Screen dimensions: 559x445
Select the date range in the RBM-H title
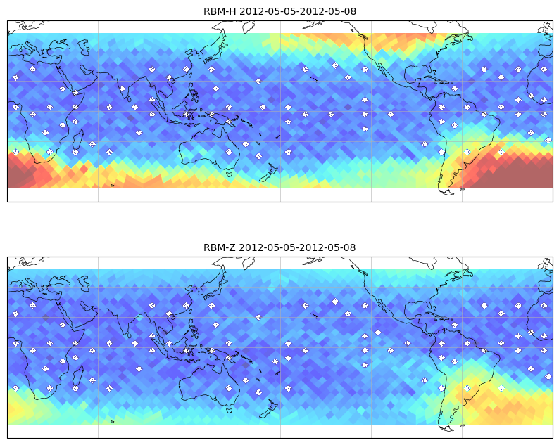pyautogui.click(x=298, y=11)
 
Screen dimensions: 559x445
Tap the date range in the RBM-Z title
pyautogui.click(x=297, y=247)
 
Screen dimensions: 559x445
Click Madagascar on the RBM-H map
pyautogui.click(x=78, y=140)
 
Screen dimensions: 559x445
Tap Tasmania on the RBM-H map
pyautogui.click(x=230, y=174)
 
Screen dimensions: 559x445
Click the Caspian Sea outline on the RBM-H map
pyautogui.click(x=84, y=47)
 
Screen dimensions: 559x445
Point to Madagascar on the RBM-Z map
pyautogui.click(x=78, y=375)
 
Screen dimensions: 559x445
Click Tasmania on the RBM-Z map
pyautogui.click(x=230, y=410)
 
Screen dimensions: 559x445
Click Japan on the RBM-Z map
pyautogui.click(x=215, y=285)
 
